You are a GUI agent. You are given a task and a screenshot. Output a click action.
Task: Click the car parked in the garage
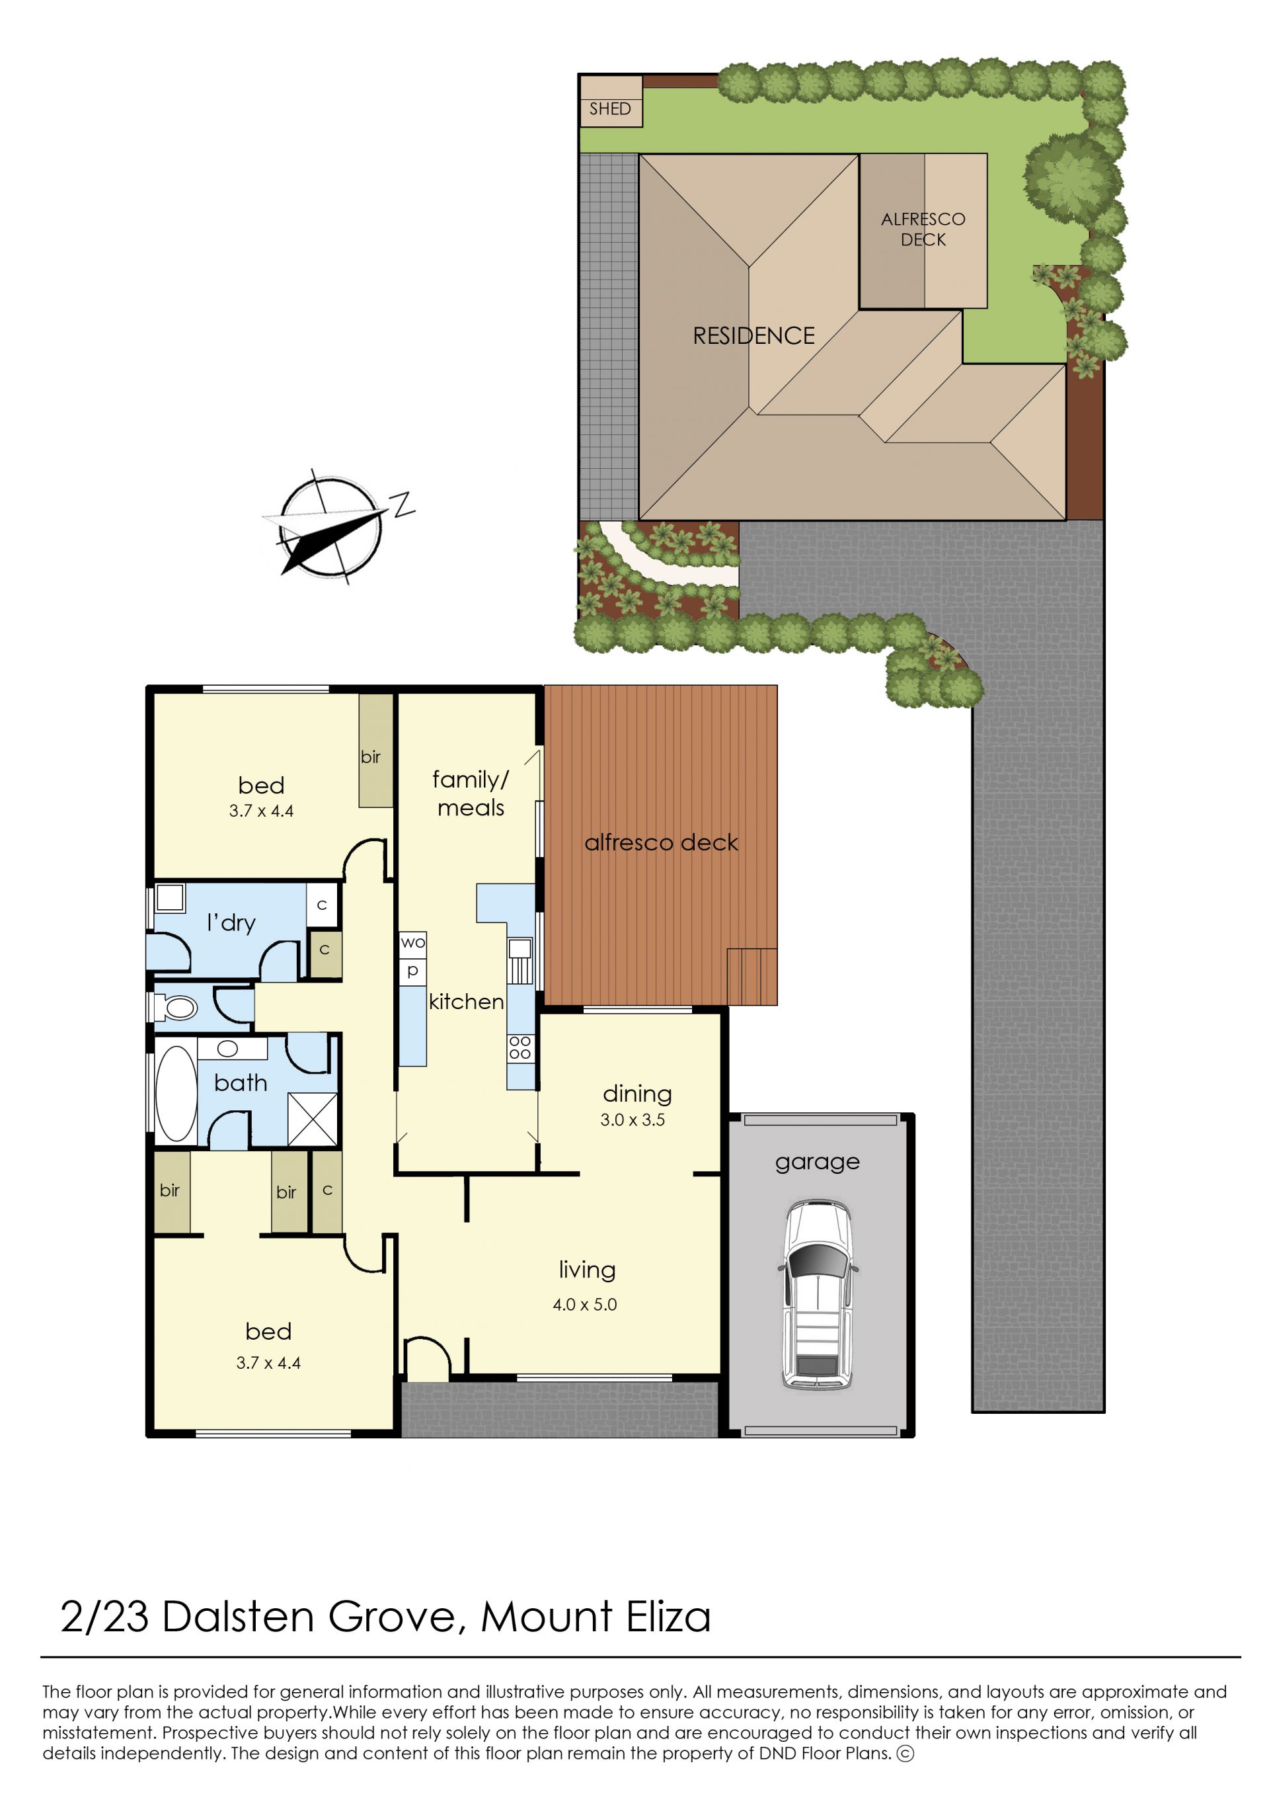(816, 1295)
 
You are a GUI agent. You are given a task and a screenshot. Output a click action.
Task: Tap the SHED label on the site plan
(609, 108)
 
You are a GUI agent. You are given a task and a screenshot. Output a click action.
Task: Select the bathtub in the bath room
(176, 1094)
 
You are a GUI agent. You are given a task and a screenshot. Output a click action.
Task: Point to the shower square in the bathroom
(313, 1119)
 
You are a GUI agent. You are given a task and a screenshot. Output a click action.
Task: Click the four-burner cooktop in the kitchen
(519, 1047)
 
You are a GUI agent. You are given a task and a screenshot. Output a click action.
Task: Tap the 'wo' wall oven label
(412, 943)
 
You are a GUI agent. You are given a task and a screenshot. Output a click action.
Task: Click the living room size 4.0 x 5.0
(584, 1304)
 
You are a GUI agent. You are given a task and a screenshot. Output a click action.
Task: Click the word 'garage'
(818, 1163)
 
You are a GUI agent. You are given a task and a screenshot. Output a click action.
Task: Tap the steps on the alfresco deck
(751, 976)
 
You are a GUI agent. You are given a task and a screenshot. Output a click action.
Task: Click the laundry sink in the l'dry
(170, 898)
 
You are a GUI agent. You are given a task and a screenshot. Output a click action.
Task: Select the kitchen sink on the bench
(520, 961)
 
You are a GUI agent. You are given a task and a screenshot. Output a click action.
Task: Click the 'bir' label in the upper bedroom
(370, 756)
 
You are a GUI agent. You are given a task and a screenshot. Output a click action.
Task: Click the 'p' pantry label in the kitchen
(412, 971)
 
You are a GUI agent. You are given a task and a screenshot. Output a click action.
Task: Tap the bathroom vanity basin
(227, 1049)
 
